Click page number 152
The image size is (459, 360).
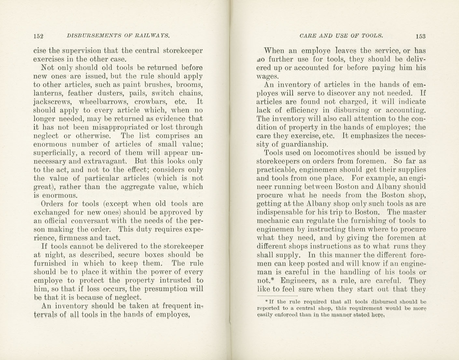point(38,36)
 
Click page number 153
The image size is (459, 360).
point(420,36)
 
